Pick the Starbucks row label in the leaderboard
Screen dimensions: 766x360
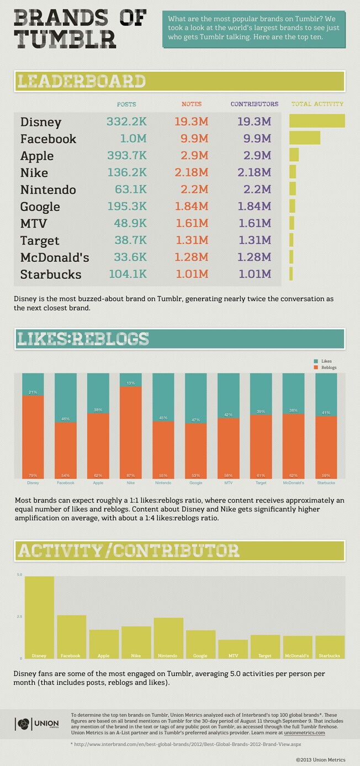[50, 274]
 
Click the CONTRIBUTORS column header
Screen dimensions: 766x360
[254, 104]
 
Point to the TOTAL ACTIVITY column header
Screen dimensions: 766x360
[317, 104]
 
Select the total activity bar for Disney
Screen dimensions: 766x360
[317, 120]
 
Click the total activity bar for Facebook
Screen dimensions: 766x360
[305, 138]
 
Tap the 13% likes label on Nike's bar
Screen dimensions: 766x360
[130, 383]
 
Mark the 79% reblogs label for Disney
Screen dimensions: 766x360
[33, 475]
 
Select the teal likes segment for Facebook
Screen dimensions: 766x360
[65, 395]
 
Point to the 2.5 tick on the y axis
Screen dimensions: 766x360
[19, 616]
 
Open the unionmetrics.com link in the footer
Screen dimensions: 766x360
[304, 733]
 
